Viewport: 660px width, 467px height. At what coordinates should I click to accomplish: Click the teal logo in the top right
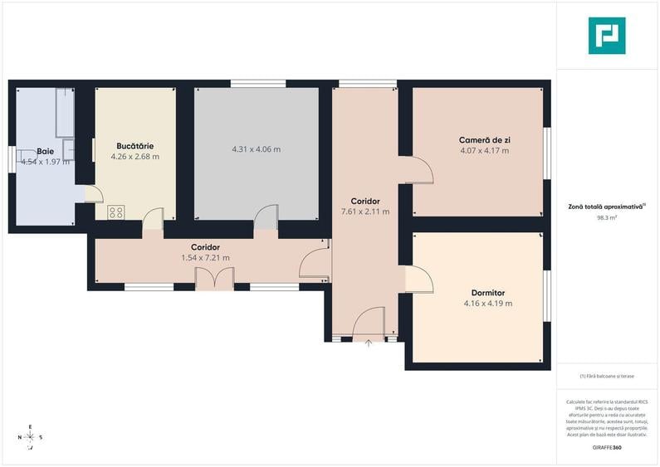click(607, 36)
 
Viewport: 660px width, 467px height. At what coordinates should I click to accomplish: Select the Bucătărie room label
click(134, 146)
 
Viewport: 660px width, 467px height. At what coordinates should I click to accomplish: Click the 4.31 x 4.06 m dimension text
click(256, 150)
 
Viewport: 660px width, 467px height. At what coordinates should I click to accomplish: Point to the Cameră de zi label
click(484, 140)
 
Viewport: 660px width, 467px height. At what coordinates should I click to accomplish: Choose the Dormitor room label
click(487, 293)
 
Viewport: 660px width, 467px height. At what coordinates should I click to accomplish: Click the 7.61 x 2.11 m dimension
click(365, 212)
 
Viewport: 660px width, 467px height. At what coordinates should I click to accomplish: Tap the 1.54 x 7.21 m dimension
click(205, 258)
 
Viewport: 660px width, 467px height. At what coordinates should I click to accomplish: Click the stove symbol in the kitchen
click(116, 212)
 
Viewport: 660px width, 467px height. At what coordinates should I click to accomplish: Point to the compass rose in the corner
click(30, 436)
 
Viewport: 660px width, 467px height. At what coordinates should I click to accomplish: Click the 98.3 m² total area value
click(607, 218)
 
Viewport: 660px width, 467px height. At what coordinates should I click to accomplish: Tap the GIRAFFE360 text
click(607, 448)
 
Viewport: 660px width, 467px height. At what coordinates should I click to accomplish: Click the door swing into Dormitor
click(418, 279)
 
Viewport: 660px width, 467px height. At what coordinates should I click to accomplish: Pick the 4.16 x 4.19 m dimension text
click(487, 304)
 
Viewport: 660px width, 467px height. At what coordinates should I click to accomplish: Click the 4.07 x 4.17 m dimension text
click(484, 151)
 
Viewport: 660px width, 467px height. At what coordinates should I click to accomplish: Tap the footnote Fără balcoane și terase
click(607, 376)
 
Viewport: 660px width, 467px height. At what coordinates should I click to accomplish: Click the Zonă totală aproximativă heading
click(607, 206)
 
